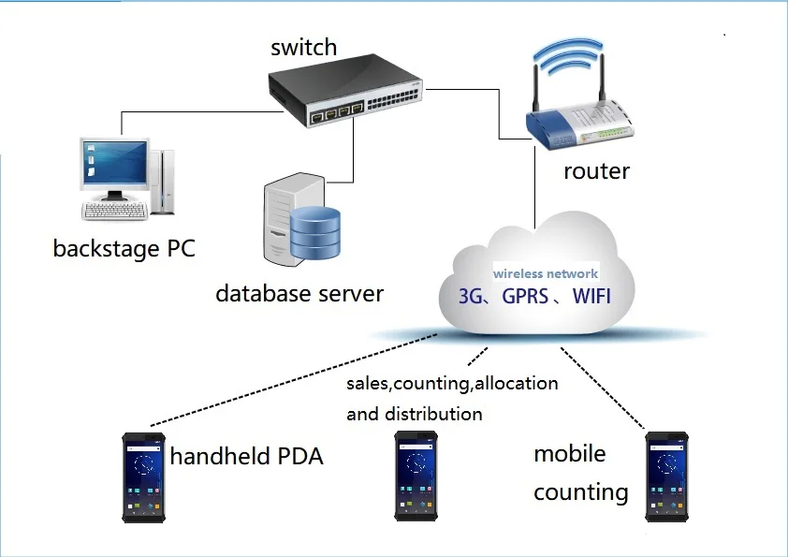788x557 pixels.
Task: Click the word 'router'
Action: (x=596, y=171)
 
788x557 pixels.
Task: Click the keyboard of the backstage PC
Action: (x=114, y=211)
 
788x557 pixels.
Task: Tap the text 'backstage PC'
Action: (x=124, y=249)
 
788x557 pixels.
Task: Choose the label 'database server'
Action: (x=299, y=293)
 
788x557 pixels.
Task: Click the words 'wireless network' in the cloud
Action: (x=546, y=274)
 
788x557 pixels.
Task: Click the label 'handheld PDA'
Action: (x=246, y=457)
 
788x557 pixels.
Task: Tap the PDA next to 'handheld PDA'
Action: (x=144, y=476)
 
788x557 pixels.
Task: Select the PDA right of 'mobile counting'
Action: (x=665, y=476)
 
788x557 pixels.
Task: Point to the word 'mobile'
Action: (x=570, y=454)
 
